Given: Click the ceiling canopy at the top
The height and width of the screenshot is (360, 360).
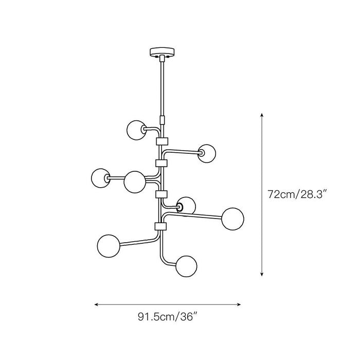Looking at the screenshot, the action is [162, 52].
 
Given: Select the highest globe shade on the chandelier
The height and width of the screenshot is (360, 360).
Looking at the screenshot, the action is [136, 130].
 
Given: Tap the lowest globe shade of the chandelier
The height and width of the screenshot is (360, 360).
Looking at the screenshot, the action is [186, 266].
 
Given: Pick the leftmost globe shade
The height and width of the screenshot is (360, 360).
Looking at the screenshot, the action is [101, 178].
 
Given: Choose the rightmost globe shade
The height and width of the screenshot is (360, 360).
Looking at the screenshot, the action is [232, 219].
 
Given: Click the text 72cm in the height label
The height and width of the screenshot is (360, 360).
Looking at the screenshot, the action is [281, 195].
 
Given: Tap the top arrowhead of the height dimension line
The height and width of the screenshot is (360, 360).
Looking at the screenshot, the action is [261, 115].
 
